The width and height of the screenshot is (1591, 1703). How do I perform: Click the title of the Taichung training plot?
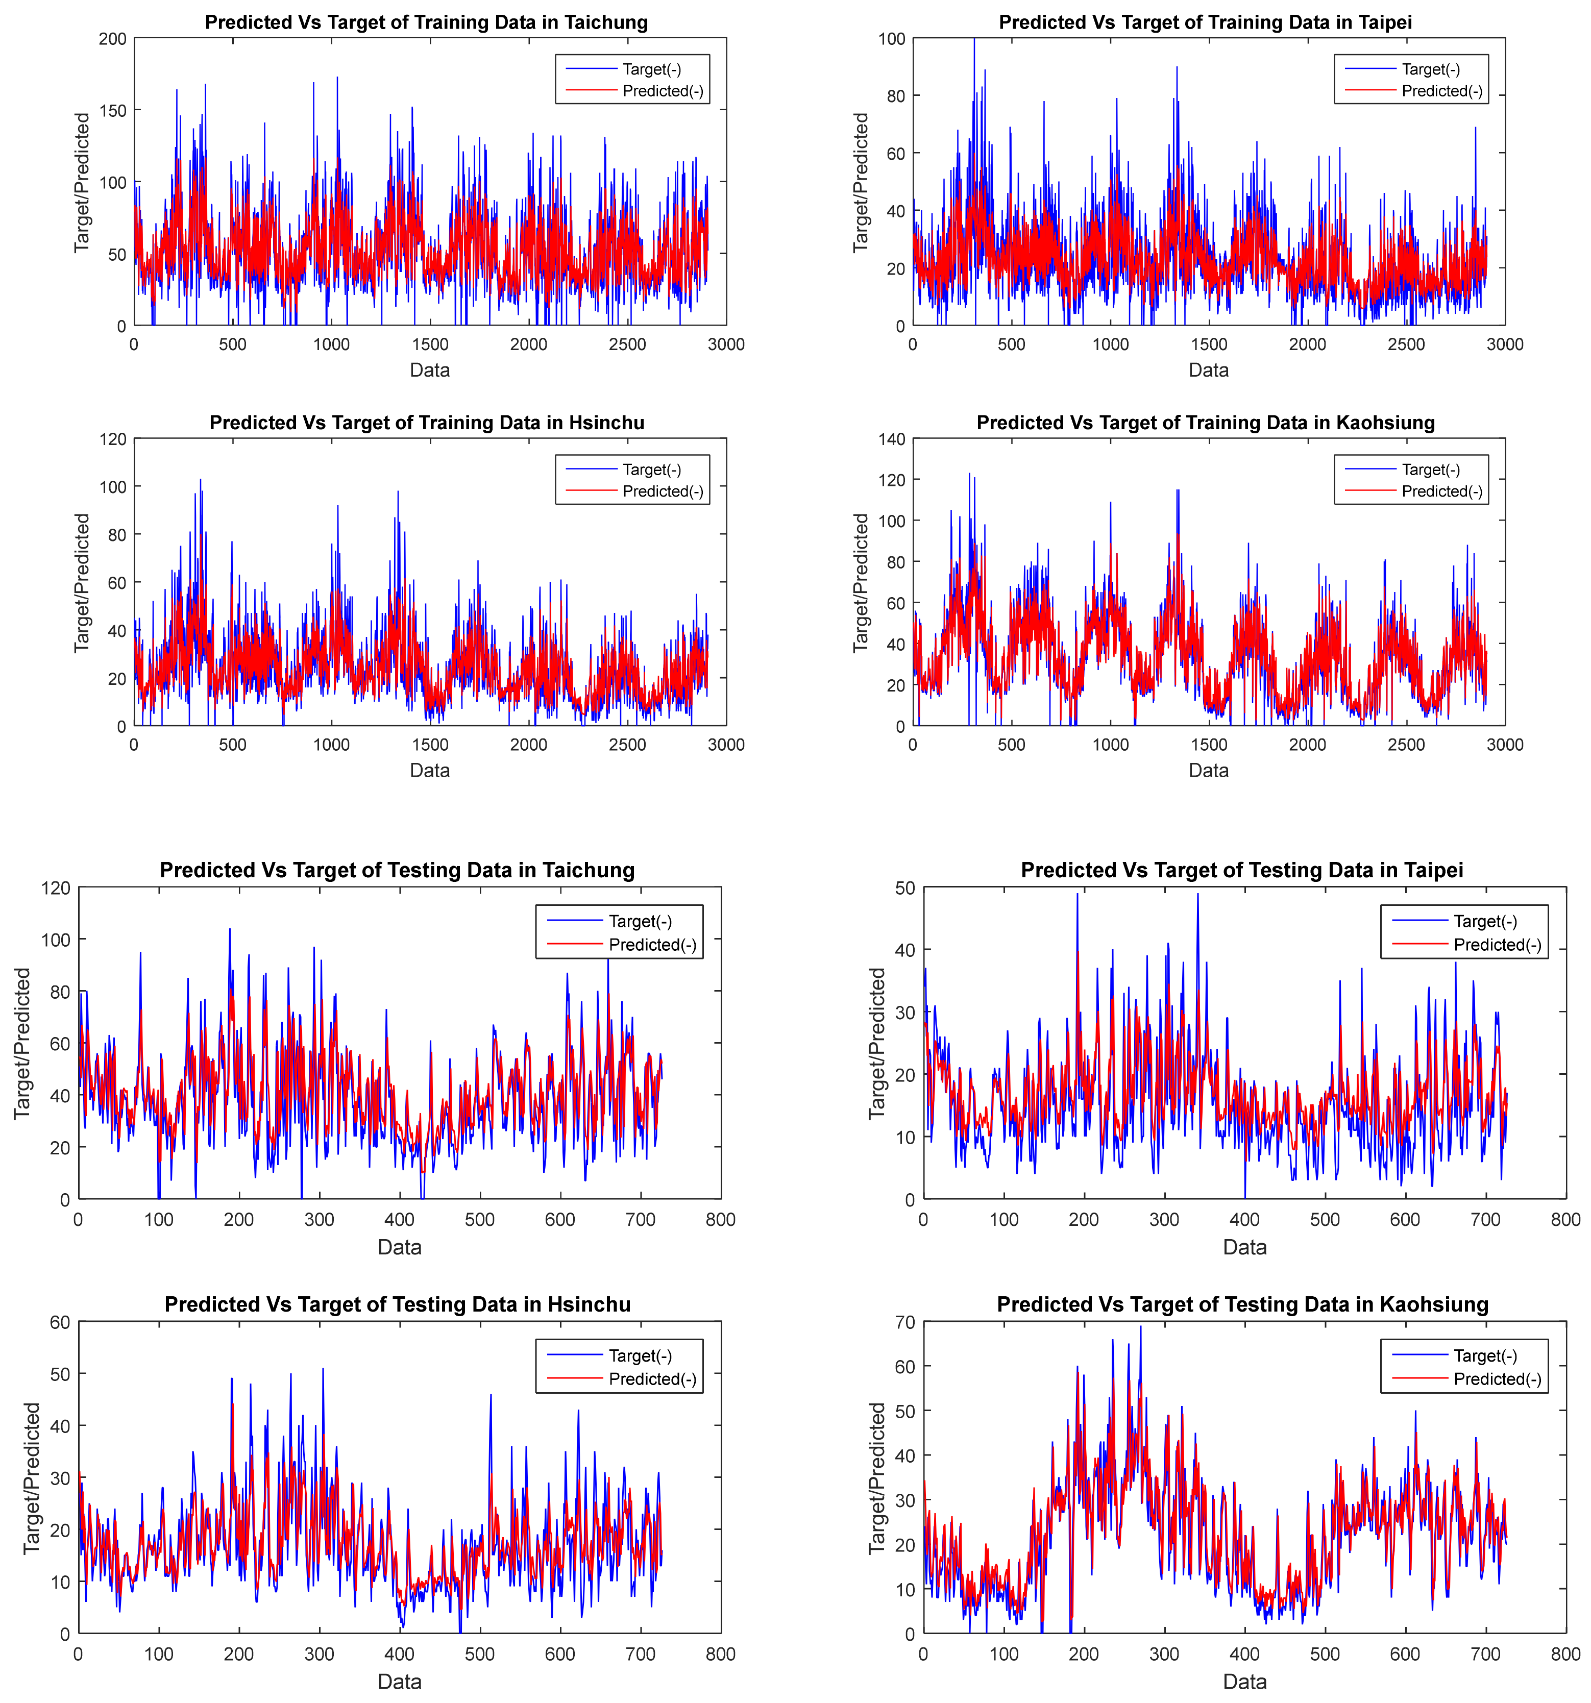[426, 22]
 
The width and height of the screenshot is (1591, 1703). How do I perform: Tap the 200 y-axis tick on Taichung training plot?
[112, 39]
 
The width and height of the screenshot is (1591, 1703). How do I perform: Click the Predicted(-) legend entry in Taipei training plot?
[1441, 91]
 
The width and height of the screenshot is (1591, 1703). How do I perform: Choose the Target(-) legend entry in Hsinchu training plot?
[651, 470]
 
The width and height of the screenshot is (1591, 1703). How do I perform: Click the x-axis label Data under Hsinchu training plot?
[429, 770]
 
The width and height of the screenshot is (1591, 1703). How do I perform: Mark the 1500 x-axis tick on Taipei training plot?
[1208, 344]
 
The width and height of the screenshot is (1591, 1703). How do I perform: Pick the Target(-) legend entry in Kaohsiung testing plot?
[1485, 1356]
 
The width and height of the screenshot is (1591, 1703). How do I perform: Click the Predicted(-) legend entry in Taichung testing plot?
[652, 945]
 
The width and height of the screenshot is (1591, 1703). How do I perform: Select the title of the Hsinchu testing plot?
[398, 1304]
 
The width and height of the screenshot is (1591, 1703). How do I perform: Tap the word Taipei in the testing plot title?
[1433, 870]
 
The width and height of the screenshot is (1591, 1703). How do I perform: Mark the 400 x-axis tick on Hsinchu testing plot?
[399, 1654]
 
